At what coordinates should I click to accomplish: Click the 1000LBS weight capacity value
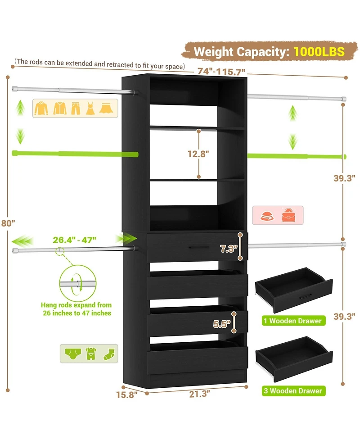tap(319, 51)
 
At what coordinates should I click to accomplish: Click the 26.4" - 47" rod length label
tap(74, 240)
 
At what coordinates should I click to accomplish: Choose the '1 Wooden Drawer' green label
tap(293, 321)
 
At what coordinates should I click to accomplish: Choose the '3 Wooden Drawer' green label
tap(294, 390)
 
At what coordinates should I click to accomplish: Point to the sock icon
tap(109, 353)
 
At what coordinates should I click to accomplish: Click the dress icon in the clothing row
tap(90, 108)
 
